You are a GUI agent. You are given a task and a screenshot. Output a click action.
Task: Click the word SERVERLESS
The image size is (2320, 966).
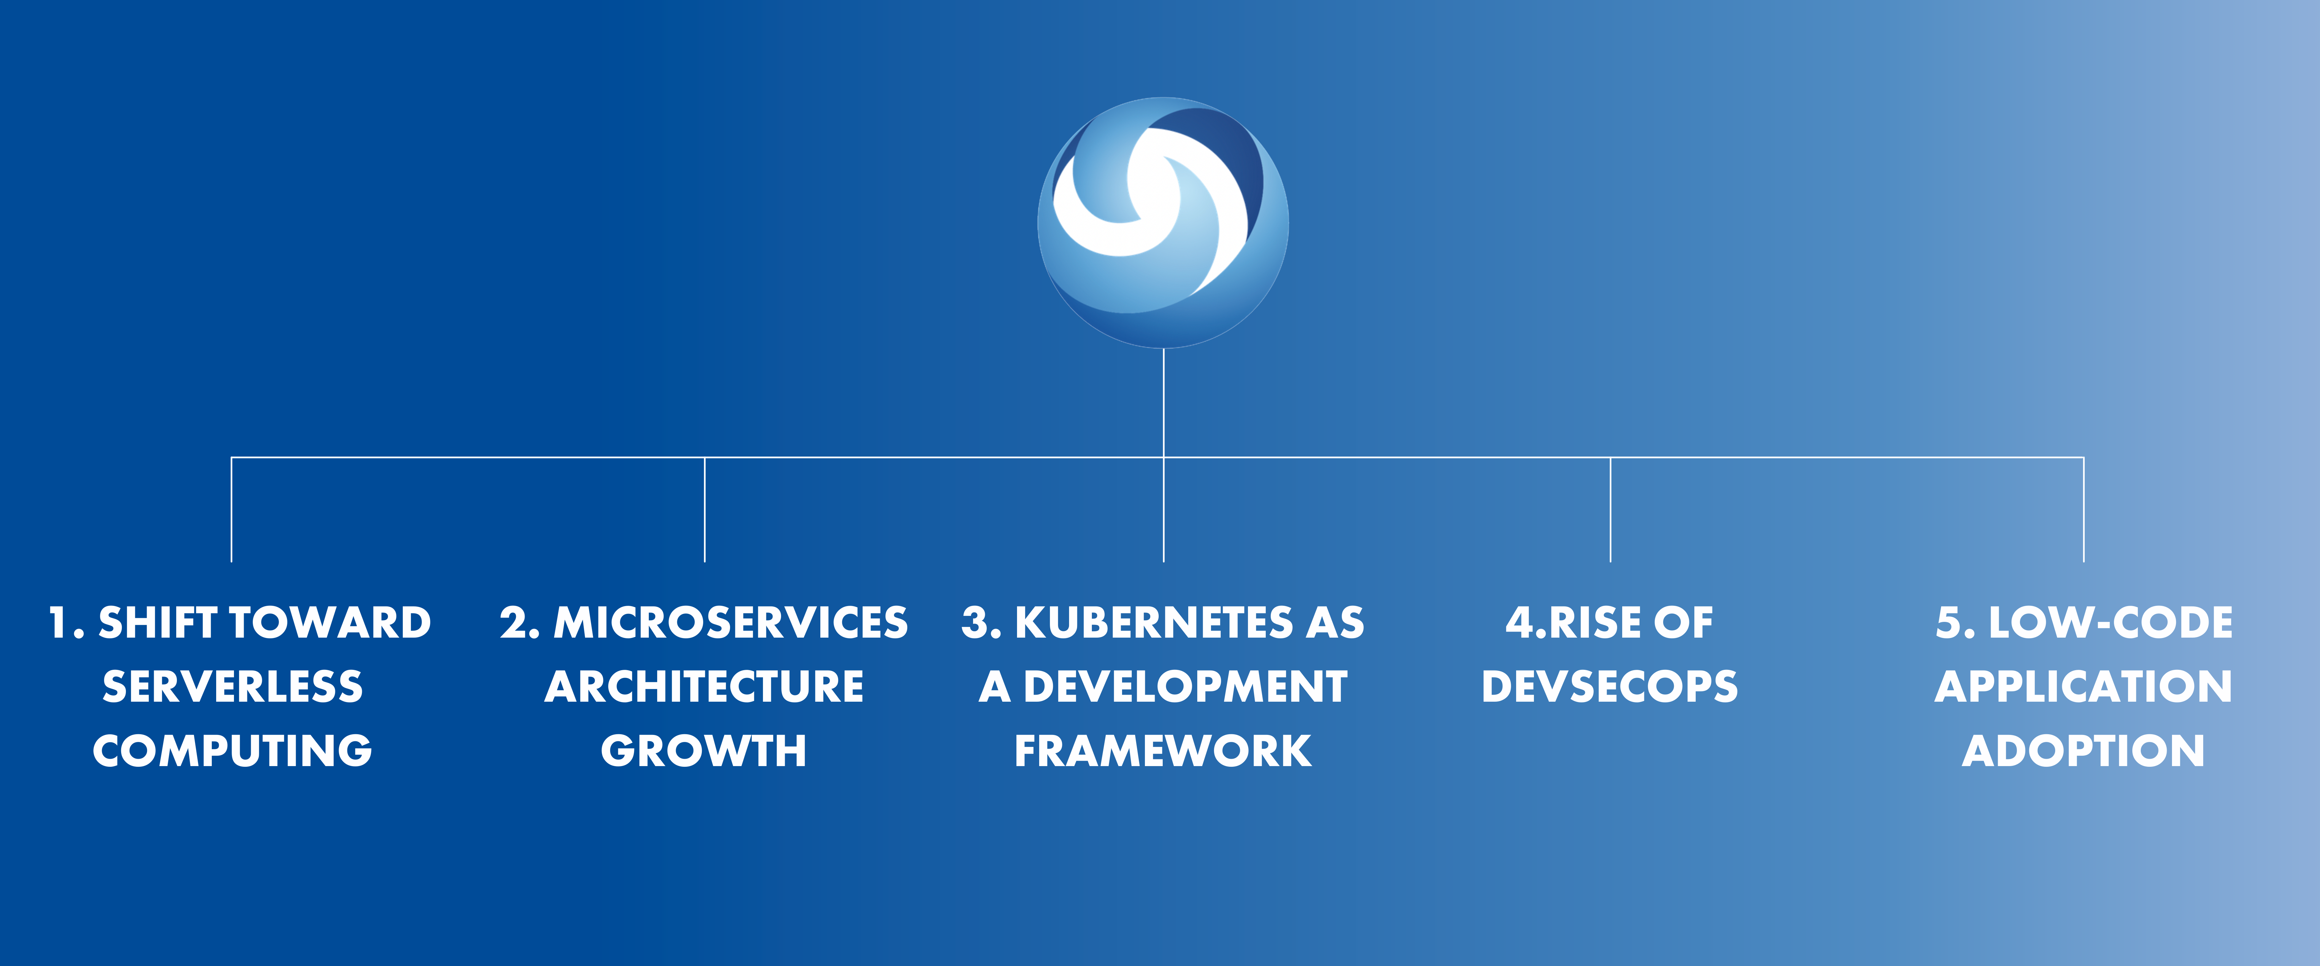click(x=232, y=687)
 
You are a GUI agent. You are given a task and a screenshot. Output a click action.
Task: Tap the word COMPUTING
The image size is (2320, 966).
click(x=232, y=751)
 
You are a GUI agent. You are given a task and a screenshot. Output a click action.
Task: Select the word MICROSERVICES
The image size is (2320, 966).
click(x=730, y=623)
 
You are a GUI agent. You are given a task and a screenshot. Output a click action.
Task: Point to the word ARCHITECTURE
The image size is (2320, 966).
click(x=704, y=687)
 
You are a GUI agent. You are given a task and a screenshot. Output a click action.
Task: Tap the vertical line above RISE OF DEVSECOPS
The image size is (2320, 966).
click(x=1610, y=509)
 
